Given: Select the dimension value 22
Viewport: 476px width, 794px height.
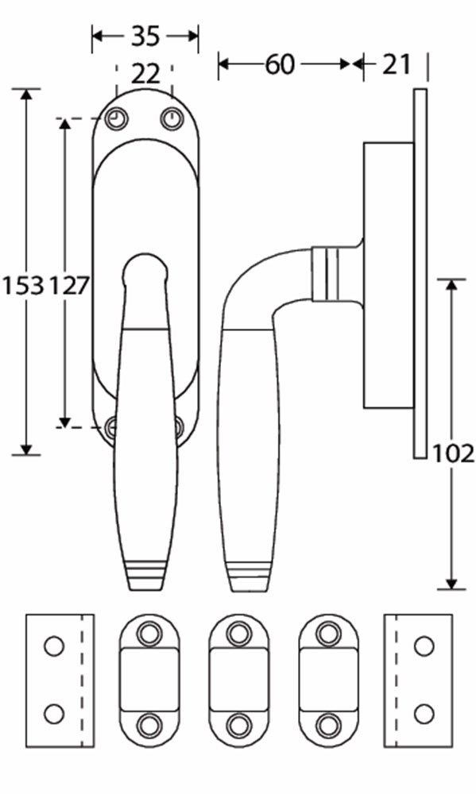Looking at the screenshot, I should pyautogui.click(x=145, y=74).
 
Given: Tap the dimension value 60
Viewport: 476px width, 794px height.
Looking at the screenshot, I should pyautogui.click(x=281, y=64).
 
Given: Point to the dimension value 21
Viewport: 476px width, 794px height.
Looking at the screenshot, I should pyautogui.click(x=397, y=64).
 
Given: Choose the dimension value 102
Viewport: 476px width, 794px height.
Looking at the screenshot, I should pyautogui.click(x=454, y=453).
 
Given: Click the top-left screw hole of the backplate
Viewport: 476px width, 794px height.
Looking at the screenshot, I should pyautogui.click(x=117, y=119).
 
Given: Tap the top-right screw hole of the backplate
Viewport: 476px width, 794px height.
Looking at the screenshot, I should pyautogui.click(x=172, y=119).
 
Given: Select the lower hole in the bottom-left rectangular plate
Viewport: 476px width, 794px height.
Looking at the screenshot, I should pyautogui.click(x=53, y=713).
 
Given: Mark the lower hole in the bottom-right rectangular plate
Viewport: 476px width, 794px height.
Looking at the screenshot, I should pyautogui.click(x=424, y=713).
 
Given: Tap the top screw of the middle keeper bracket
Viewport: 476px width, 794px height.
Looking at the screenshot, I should pyautogui.click(x=238, y=634).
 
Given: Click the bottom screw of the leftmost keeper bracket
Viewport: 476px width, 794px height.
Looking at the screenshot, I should pyautogui.click(x=149, y=725).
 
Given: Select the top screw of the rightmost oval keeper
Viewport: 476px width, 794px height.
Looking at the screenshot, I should pyautogui.click(x=328, y=634).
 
